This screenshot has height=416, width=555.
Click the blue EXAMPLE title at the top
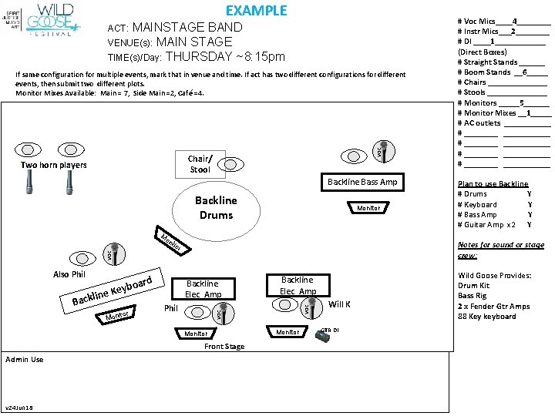256,11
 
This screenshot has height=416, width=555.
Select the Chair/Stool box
199,164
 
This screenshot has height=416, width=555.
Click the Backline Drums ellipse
216,207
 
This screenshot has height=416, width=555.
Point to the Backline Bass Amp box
362,182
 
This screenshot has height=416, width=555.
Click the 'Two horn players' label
53,166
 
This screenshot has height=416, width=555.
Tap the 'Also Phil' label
69,274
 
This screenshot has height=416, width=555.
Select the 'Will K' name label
340,304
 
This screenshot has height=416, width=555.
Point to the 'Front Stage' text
224,347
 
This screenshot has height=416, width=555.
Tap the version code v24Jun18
20,408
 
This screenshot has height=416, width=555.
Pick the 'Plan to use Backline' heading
493,183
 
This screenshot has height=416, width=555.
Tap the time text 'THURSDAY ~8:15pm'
225,56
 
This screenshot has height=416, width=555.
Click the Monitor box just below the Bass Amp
368,208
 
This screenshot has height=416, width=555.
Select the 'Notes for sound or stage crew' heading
500,250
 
